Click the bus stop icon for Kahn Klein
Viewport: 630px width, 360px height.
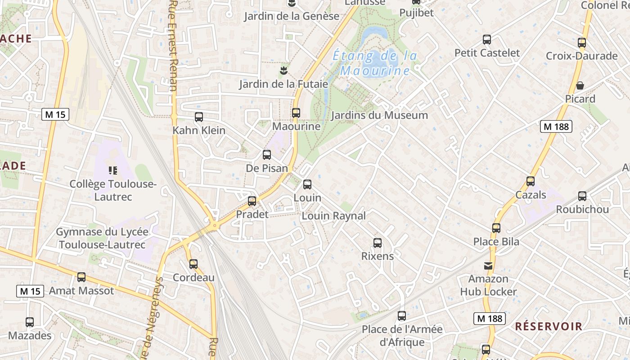[x=199, y=117]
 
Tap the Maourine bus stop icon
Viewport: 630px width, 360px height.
[x=296, y=113]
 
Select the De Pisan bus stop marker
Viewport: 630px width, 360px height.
[x=267, y=155]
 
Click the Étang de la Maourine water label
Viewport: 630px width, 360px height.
[x=374, y=63]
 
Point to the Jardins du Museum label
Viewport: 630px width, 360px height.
[x=379, y=115]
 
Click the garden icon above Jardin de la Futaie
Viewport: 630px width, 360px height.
[x=283, y=70]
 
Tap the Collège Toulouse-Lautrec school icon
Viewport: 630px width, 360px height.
[x=113, y=170]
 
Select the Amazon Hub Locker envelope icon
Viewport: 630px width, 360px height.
[x=488, y=265]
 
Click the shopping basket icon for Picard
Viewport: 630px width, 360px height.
[x=580, y=85]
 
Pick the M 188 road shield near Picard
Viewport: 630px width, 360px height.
[x=556, y=127]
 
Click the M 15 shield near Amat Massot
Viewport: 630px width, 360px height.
[x=30, y=291]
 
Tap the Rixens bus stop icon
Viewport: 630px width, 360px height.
[x=378, y=243]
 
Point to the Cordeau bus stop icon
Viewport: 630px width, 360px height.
[x=193, y=264]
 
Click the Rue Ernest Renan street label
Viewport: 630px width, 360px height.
[x=174, y=45]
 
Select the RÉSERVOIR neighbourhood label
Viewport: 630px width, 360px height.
[x=549, y=326]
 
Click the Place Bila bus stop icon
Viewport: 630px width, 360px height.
[x=496, y=228]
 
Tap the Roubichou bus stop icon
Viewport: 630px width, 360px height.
[x=582, y=196]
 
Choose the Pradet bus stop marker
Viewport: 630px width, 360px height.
[x=252, y=201]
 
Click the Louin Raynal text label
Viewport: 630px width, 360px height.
[x=333, y=216]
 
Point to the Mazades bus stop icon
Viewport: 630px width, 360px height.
[x=30, y=322]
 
